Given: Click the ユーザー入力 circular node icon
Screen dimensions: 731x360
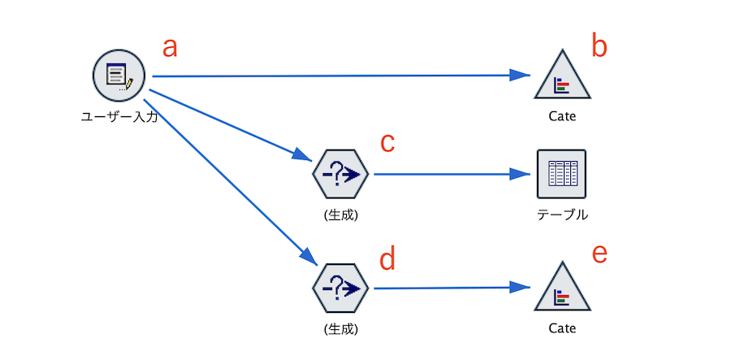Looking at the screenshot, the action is [x=119, y=76].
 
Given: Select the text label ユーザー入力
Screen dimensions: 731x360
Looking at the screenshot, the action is [x=119, y=116].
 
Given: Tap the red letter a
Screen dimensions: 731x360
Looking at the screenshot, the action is [x=170, y=49].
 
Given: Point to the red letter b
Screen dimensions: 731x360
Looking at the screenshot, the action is [x=599, y=46].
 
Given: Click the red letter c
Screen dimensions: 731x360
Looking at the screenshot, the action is [x=387, y=144].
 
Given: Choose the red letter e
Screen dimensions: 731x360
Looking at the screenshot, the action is [x=599, y=254].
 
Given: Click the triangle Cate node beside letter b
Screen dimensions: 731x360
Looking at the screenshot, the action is [x=562, y=77].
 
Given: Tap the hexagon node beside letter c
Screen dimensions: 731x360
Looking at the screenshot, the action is [x=340, y=174].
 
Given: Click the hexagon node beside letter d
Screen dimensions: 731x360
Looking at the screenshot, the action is [x=340, y=288].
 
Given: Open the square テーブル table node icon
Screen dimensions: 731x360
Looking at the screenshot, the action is [x=561, y=174].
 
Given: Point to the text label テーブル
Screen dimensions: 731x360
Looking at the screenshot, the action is [x=562, y=215].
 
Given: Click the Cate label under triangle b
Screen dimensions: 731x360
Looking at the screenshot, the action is [x=562, y=116].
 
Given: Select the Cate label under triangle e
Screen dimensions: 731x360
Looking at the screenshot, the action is [x=562, y=328].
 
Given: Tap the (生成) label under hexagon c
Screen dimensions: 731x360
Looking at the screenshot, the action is [x=341, y=215].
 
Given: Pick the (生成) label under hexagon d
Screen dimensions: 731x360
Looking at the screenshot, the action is [x=341, y=329].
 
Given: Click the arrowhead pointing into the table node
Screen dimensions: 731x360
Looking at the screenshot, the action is [x=521, y=175].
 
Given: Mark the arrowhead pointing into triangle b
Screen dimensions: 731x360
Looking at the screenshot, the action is [x=521, y=75].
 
